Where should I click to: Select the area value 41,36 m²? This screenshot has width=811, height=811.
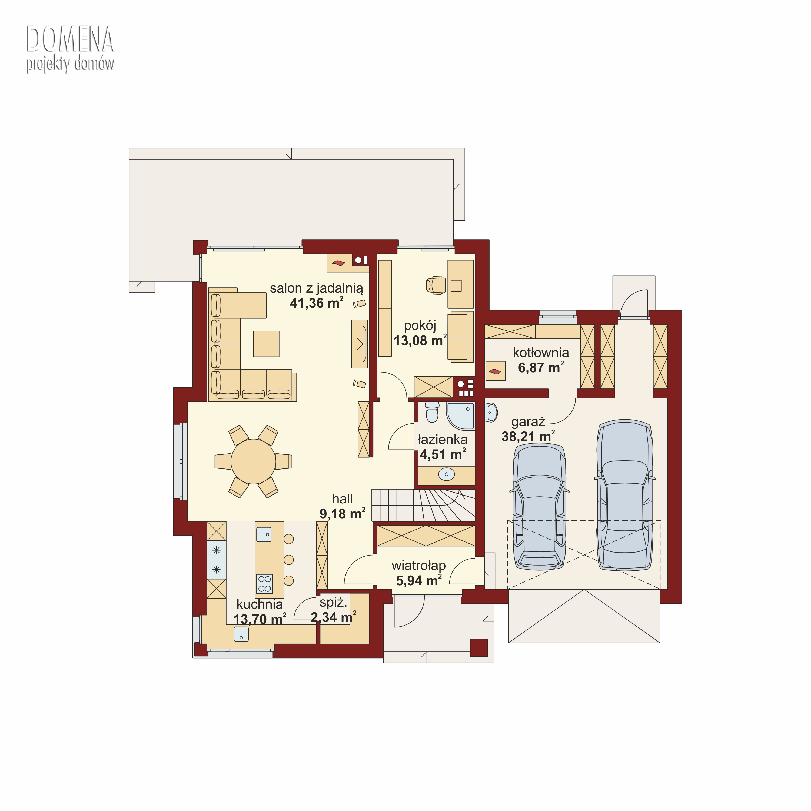click(x=317, y=303)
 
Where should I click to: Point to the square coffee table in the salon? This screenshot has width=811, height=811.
click(x=266, y=344)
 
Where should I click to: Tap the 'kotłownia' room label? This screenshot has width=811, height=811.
click(x=541, y=353)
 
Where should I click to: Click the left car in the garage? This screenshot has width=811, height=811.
click(x=539, y=507)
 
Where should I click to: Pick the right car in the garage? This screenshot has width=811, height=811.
click(x=625, y=494)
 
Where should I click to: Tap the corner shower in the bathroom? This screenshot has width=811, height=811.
click(x=460, y=416)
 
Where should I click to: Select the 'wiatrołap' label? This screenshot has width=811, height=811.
click(x=418, y=566)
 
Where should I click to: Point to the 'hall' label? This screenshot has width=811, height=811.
click(x=343, y=499)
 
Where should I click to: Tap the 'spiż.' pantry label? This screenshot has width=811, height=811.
click(x=333, y=603)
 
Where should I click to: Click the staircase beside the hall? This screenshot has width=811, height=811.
click(x=423, y=506)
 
